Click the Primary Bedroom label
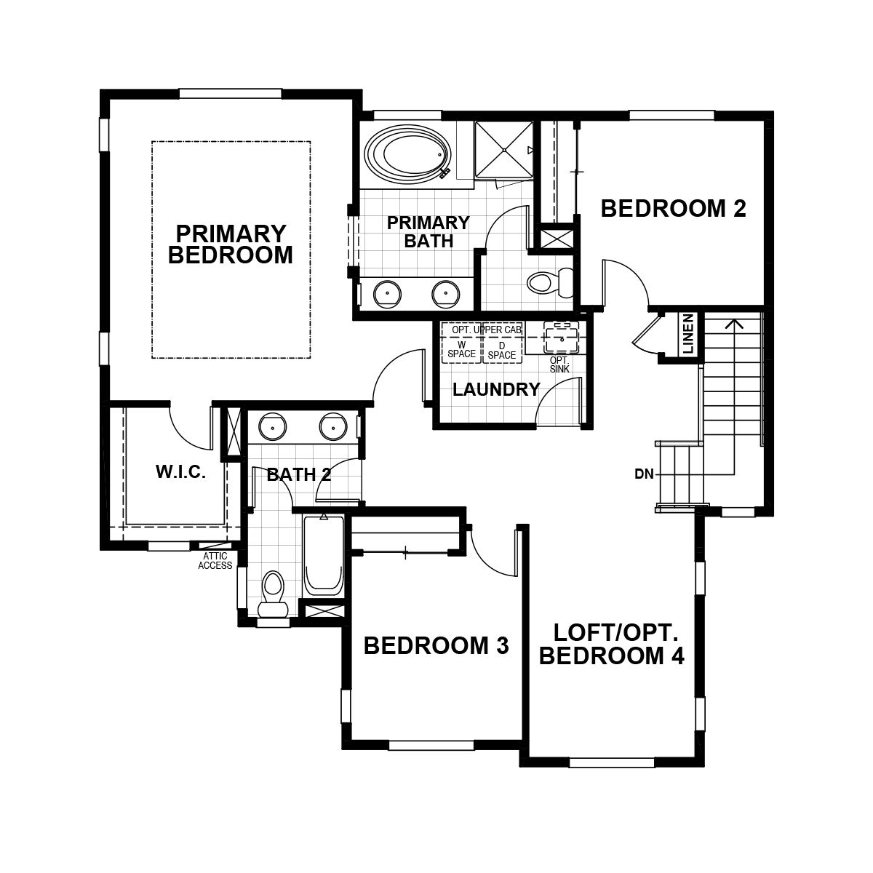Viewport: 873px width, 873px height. click(231, 244)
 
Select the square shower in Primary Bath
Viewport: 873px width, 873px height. click(503, 150)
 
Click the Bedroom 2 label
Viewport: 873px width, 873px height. click(673, 209)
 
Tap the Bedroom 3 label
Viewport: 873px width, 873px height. click(436, 645)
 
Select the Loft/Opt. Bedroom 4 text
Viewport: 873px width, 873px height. click(611, 644)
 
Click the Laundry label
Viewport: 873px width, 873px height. click(496, 389)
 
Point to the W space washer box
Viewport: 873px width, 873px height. click(461, 349)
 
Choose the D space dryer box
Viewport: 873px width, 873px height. click(502, 349)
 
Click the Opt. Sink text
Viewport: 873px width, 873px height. click(559, 364)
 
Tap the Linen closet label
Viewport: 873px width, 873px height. click(689, 335)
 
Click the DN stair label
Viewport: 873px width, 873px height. click(644, 474)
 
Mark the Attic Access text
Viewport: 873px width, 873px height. click(215, 561)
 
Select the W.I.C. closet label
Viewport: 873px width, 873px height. click(180, 471)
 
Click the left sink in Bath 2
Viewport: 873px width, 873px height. click(272, 426)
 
